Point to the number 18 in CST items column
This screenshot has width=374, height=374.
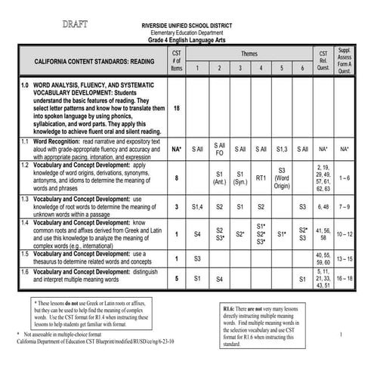click(177, 108)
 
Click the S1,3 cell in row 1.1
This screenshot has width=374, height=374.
click(281, 150)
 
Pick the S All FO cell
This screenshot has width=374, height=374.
click(219, 149)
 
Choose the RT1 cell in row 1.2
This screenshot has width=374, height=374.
click(261, 178)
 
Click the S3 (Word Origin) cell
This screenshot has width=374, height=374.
click(282, 178)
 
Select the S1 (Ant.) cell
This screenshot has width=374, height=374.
click(220, 178)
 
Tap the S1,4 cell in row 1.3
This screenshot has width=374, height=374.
click(198, 205)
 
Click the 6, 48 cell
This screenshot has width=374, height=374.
click(323, 205)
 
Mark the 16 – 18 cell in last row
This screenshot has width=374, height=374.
click(345, 278)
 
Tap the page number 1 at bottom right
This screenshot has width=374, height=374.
click(342, 334)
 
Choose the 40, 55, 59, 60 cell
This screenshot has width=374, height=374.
click(323, 258)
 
